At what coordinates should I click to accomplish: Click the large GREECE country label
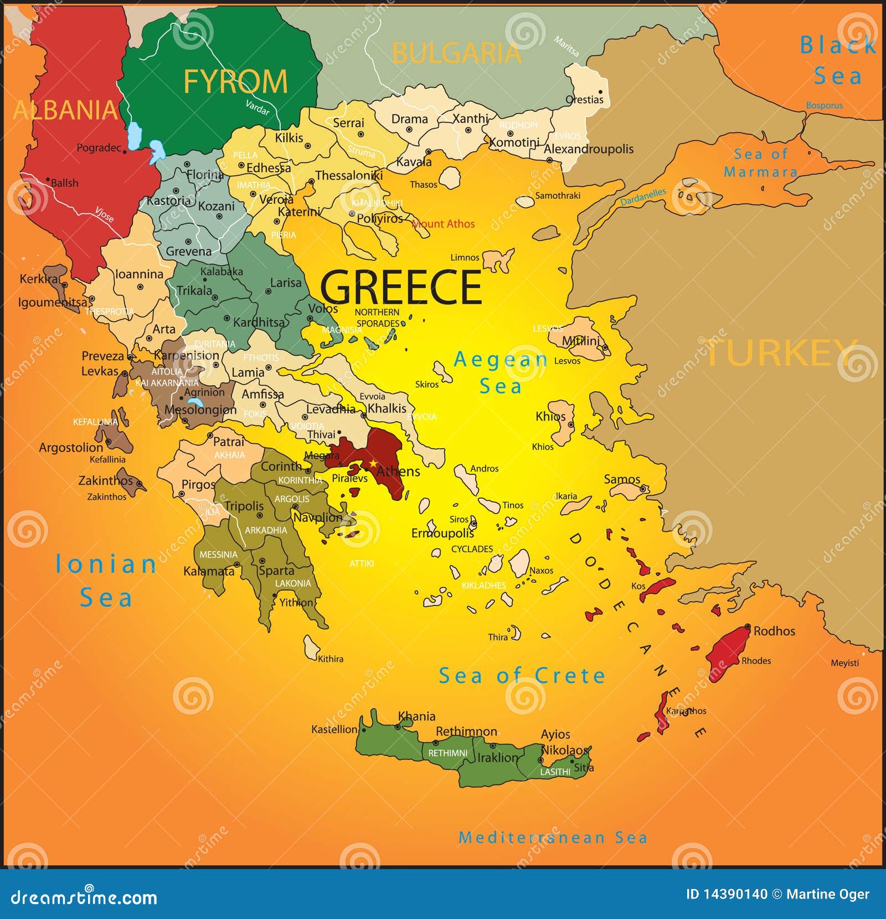pyautogui.click(x=401, y=287)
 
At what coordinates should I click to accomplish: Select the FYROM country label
pyautogui.click(x=235, y=82)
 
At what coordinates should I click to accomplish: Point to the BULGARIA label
pyautogui.click(x=456, y=54)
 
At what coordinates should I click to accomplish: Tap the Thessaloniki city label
pyautogui.click(x=349, y=176)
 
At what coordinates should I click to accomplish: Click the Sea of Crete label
pyautogui.click(x=522, y=676)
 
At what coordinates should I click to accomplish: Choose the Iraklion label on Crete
pyautogui.click(x=498, y=758)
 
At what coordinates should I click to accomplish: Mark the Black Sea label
pyautogui.click(x=837, y=60)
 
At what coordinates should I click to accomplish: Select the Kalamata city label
pyautogui.click(x=209, y=571)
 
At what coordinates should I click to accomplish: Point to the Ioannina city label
pyautogui.click(x=139, y=274)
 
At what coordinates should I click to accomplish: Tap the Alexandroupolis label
pyautogui.click(x=588, y=149)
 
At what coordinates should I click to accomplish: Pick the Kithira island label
pyautogui.click(x=331, y=659)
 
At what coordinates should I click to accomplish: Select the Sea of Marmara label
pyautogui.click(x=760, y=163)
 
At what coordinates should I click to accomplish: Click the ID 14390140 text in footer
pyautogui.click(x=727, y=894)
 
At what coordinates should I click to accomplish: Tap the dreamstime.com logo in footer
pyautogui.click(x=84, y=896)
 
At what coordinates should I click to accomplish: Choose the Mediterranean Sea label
pyautogui.click(x=553, y=838)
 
